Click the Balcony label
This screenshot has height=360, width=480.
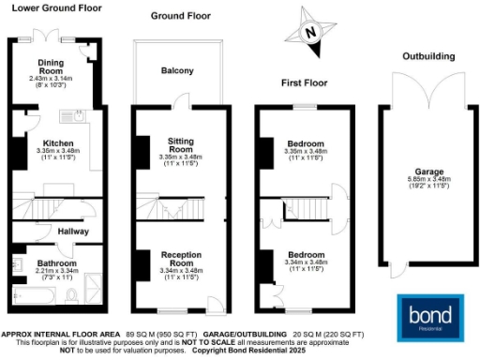(x=177, y=71)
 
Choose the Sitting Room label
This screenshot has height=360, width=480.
(x=179, y=143)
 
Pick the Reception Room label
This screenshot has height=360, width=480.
(x=179, y=259)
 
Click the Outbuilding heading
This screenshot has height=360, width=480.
(x=429, y=55)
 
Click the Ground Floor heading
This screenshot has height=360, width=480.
(x=179, y=16)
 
